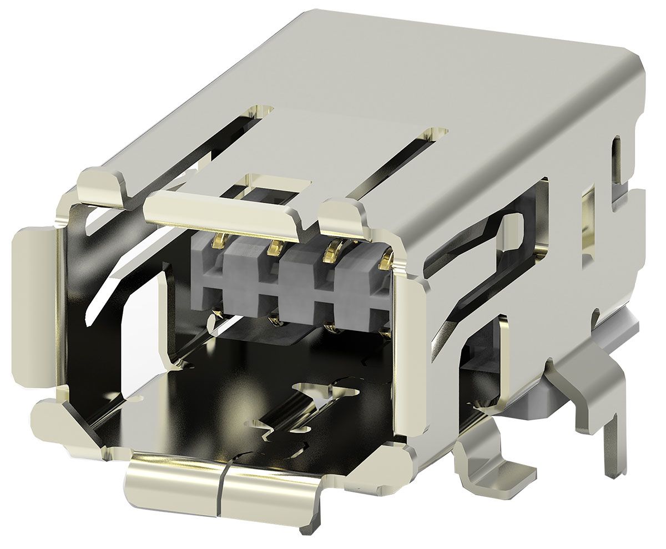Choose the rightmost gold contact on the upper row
click(387, 258)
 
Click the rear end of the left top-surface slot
click(261, 111)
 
